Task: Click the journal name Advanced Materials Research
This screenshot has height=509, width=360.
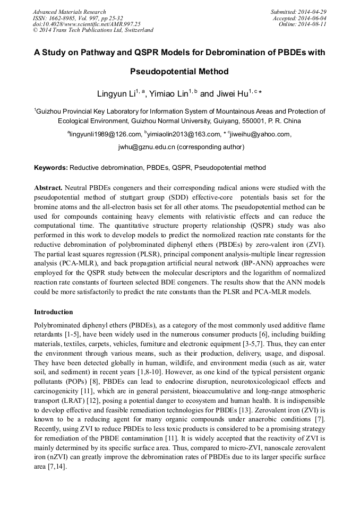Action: pyautogui.click(x=69, y=12)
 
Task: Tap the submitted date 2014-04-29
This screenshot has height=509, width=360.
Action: pyautogui.click(x=311, y=12)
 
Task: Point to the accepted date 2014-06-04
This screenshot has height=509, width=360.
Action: pyautogui.click(x=312, y=18)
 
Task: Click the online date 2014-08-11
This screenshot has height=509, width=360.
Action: pyautogui.click(x=313, y=24)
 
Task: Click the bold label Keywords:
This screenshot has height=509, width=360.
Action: pyautogui.click(x=51, y=168)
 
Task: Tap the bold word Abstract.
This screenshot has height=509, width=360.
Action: pyautogui.click(x=48, y=188)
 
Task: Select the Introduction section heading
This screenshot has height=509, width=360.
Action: pyautogui.click(x=54, y=312)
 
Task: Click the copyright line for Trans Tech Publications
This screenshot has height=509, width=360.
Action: pyautogui.click(x=93, y=30)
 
